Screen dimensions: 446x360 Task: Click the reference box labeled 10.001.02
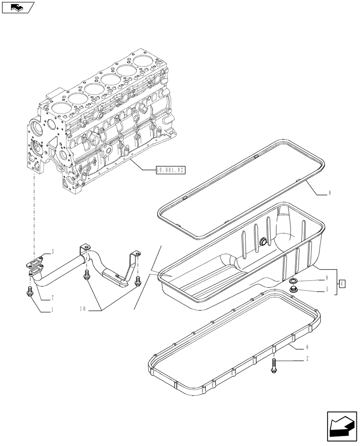click(x=170, y=169)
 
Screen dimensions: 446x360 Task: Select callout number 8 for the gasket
click(x=329, y=193)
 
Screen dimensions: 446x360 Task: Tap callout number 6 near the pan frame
click(x=307, y=347)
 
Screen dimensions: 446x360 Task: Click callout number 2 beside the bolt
click(x=307, y=359)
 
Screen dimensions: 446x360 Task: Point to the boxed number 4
click(x=342, y=283)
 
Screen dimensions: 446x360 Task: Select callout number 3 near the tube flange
click(x=53, y=252)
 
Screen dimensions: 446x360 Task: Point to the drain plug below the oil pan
click(x=294, y=290)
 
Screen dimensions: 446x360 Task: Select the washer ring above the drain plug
click(x=293, y=281)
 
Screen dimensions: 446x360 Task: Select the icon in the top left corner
click(x=18, y=7)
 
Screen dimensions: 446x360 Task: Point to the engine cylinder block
click(x=102, y=120)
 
